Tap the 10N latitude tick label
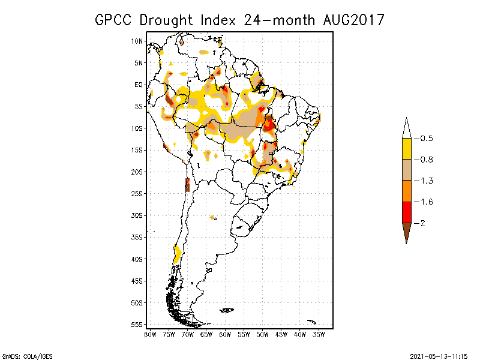pyautogui.click(x=137, y=41)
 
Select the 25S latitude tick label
pyautogui.click(x=137, y=193)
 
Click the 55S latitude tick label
pyautogui.click(x=137, y=324)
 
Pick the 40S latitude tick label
pyautogui.click(x=137, y=259)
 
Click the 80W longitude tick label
pyautogui.click(x=150, y=334)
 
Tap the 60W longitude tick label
pyautogui.click(x=225, y=334)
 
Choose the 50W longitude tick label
pyautogui.click(x=262, y=334)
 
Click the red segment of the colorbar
pyautogui.click(x=406, y=212)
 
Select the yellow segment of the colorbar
pyautogui.click(x=406, y=149)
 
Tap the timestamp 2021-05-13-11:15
pyautogui.click(x=439, y=355)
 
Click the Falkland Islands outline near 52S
pyautogui.click(x=227, y=310)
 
